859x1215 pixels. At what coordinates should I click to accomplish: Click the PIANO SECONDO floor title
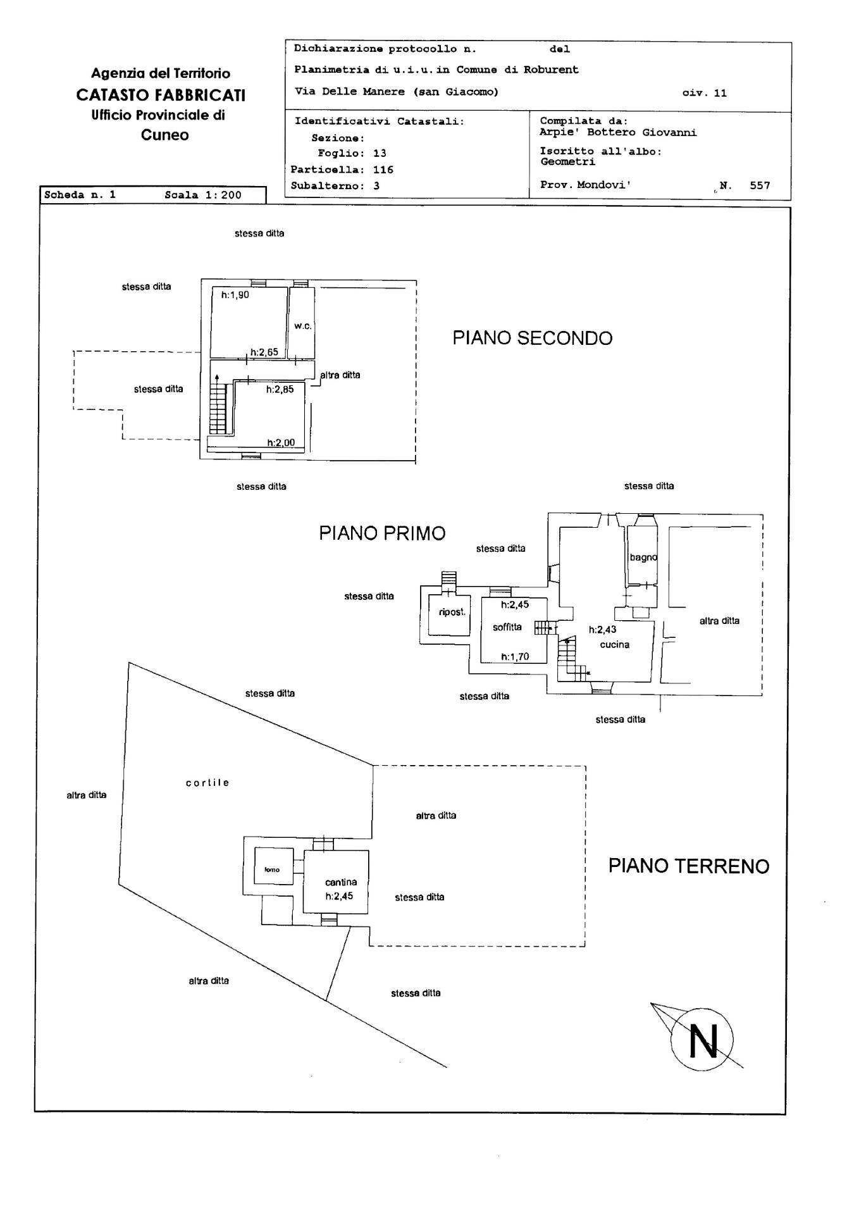[x=532, y=338]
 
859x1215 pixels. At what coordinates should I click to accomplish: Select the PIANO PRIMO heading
[x=381, y=533]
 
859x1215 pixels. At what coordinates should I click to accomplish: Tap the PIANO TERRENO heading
[x=688, y=866]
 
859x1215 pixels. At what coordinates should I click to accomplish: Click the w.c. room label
[x=302, y=326]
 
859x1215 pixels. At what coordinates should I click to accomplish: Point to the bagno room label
[x=643, y=558]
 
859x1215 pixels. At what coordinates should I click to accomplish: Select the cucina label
[x=614, y=644]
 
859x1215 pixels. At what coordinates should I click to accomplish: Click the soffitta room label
[x=507, y=626]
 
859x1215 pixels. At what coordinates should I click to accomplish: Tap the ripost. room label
[x=452, y=612]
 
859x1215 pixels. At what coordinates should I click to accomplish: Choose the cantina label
[x=341, y=882]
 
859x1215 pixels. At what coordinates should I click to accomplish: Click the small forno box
[x=273, y=869]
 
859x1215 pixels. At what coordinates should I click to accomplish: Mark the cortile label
[x=207, y=782]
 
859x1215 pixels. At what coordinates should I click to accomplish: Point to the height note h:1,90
[x=235, y=294]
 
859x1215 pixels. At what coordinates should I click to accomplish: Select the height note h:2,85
[x=280, y=389]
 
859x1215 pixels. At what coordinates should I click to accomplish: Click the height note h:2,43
[x=602, y=629]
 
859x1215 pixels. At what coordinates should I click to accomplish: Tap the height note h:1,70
[x=514, y=657]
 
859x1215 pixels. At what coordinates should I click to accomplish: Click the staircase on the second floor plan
[x=217, y=409]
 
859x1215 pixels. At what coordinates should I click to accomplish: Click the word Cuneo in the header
[x=164, y=135]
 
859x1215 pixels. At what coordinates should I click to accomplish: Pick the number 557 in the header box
[x=759, y=185]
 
